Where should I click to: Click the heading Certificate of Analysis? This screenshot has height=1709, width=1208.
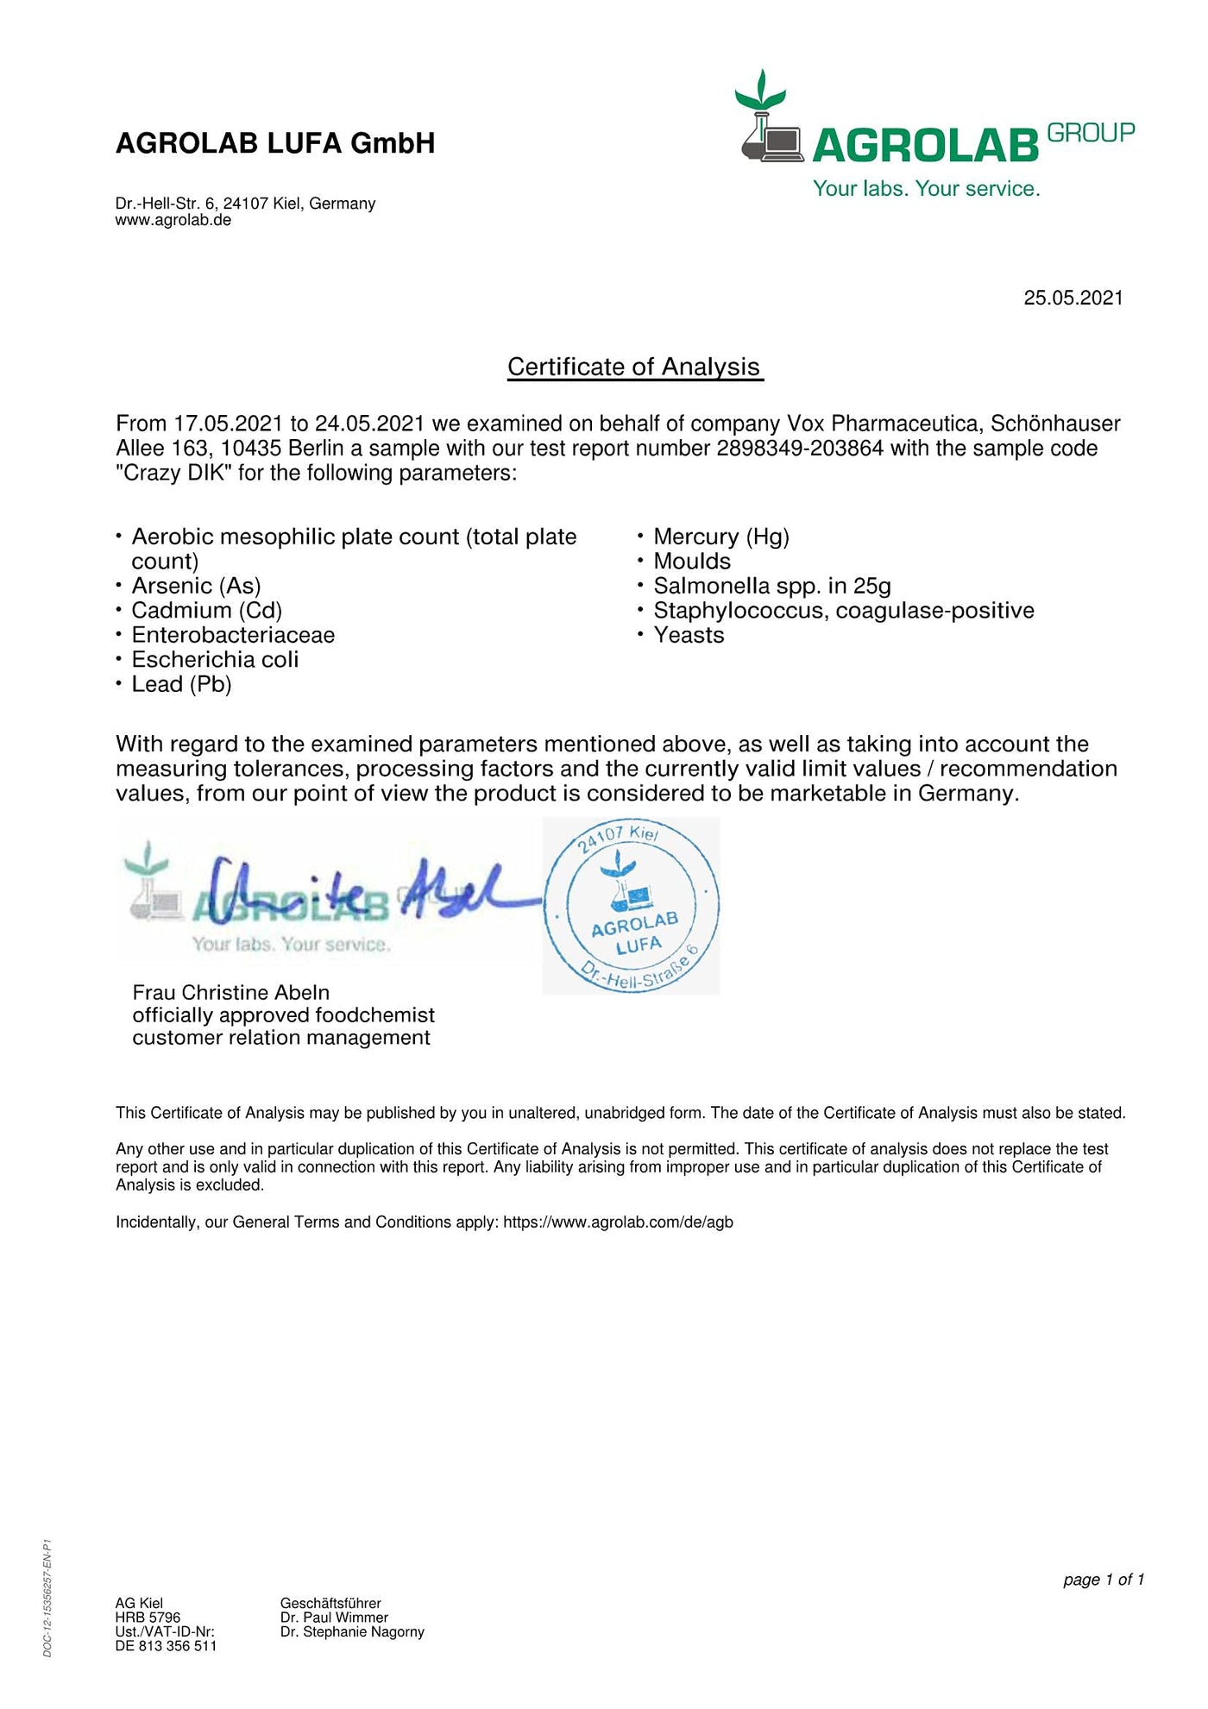[634, 367]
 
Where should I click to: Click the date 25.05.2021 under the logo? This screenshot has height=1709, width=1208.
[1073, 298]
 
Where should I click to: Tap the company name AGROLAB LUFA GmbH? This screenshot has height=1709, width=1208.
[275, 143]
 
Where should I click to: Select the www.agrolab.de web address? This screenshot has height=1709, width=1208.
[173, 220]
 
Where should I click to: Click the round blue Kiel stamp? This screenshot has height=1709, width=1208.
[632, 906]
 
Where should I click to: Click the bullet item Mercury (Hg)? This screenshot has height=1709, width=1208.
[721, 537]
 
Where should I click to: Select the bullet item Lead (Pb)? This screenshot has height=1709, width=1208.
[181, 684]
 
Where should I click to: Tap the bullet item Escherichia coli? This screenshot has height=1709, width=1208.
[215, 660]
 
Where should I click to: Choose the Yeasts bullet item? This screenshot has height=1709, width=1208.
[689, 635]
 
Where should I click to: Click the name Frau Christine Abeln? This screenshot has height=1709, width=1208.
[230, 992]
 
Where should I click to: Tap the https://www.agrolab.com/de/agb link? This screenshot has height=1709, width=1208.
[618, 1222]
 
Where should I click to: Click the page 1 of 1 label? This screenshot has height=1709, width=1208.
[1103, 1580]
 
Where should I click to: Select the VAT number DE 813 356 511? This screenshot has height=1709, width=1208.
[166, 1646]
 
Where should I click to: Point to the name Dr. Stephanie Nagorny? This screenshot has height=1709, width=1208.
[352, 1632]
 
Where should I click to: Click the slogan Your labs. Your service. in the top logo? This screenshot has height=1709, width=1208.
[926, 189]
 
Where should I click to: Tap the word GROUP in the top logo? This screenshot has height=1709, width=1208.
[1091, 133]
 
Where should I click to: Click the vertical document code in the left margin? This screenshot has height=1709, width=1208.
[47, 1599]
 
